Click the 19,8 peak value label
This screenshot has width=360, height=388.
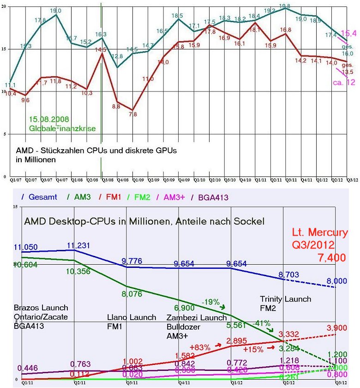pyautogui.click(x=285, y=5)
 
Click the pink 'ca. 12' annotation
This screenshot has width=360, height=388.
pyautogui.click(x=344, y=82)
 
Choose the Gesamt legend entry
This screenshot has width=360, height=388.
pyautogui.click(x=42, y=197)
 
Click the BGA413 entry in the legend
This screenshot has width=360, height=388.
pyautogui.click(x=210, y=197)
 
